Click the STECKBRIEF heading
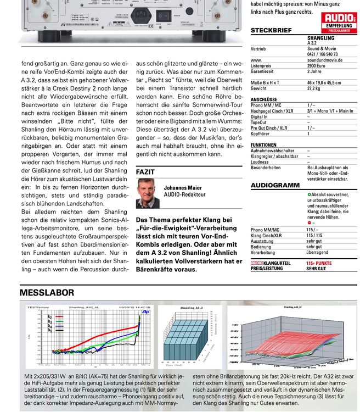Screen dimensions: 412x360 point(271,31)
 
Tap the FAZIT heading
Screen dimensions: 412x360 point(145,172)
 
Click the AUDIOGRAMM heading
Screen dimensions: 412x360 point(275,186)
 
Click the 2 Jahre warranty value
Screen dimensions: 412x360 point(314,71)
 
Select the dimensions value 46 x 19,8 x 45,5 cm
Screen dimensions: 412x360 point(324,82)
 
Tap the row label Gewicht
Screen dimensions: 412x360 point(258,88)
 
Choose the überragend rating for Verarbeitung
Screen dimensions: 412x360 point(317,253)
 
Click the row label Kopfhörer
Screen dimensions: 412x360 point(261,133)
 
